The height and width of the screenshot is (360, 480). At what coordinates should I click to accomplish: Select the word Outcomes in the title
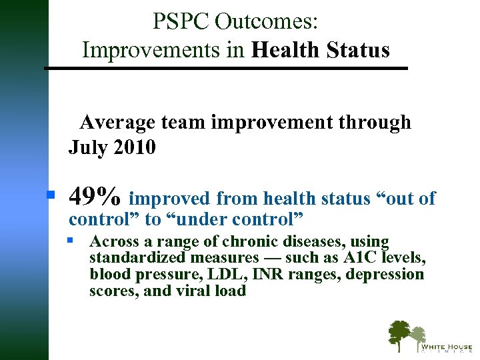(x=267, y=21)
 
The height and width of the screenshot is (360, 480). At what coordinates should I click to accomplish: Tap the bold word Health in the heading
(x=288, y=50)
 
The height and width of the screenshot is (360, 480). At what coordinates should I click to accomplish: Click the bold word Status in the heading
(x=359, y=50)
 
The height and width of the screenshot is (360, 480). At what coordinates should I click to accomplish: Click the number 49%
(x=95, y=197)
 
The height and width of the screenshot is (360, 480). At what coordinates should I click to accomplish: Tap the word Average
(x=117, y=123)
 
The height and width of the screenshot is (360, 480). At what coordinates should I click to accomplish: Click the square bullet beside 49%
(x=50, y=195)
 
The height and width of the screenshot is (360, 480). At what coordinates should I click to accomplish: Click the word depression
(x=385, y=275)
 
